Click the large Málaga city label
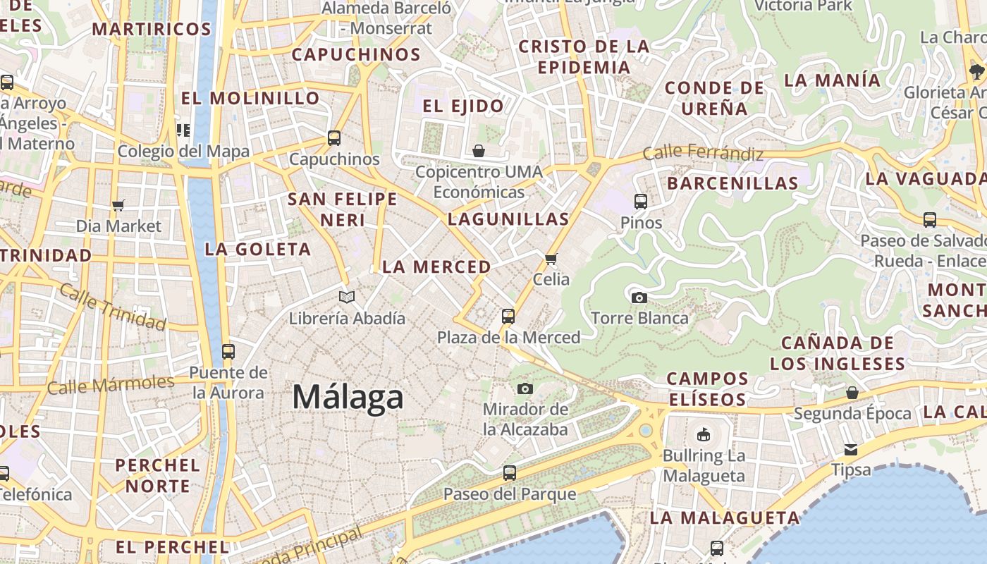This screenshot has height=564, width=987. click(348, 397)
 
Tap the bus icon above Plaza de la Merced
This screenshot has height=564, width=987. click(508, 317)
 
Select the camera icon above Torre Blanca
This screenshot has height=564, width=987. click(639, 298)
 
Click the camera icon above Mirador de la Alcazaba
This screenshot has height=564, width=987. click(525, 388)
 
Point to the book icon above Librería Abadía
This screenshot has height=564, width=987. click(347, 297)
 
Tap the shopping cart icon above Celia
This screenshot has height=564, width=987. click(551, 259)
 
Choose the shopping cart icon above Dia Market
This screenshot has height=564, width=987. click(118, 206)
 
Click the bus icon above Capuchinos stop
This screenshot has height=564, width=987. click(334, 138)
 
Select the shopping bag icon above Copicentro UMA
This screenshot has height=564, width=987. click(479, 151)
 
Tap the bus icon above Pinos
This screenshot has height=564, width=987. click(641, 202)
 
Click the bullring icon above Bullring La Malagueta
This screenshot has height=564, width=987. click(703, 434)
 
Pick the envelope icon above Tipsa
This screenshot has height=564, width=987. click(851, 449)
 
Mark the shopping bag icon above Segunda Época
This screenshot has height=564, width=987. click(852, 393)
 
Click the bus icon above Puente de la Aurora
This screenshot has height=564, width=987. click(228, 351)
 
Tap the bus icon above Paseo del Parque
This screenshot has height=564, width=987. click(509, 473)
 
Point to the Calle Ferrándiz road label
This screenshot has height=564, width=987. click(703, 152)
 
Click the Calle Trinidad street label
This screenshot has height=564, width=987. click(113, 307)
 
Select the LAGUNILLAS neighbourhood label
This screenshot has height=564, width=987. click(508, 219)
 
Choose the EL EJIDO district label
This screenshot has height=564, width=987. click(463, 106)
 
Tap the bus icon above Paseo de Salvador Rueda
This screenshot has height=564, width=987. click(930, 220)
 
